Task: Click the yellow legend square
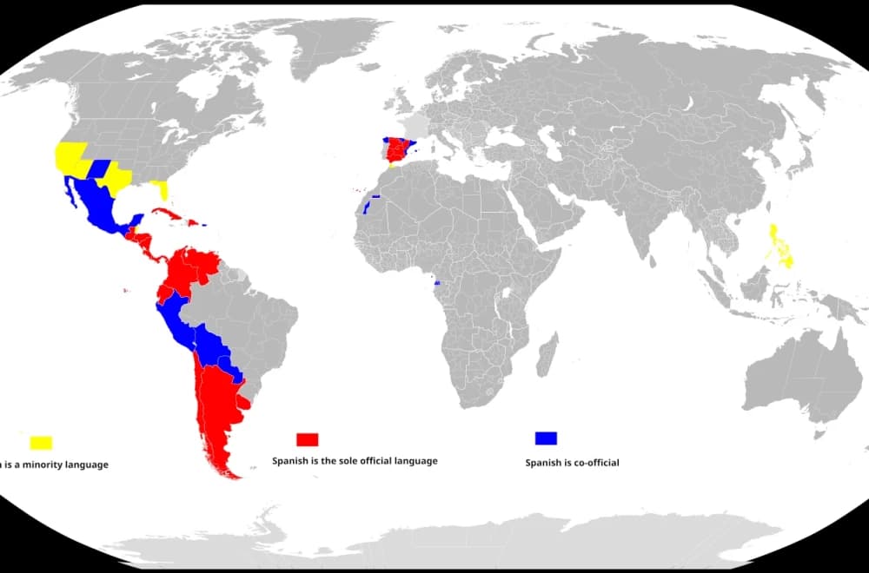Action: tap(41, 443)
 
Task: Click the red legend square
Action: tap(308, 438)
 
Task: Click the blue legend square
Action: tap(546, 438)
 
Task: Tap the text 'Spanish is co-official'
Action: tap(572, 463)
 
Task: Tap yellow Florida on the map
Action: tap(161, 188)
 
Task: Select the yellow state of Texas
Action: tap(116, 180)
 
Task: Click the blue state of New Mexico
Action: tap(97, 168)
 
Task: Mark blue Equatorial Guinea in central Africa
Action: tap(436, 283)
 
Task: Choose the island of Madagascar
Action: tap(547, 357)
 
